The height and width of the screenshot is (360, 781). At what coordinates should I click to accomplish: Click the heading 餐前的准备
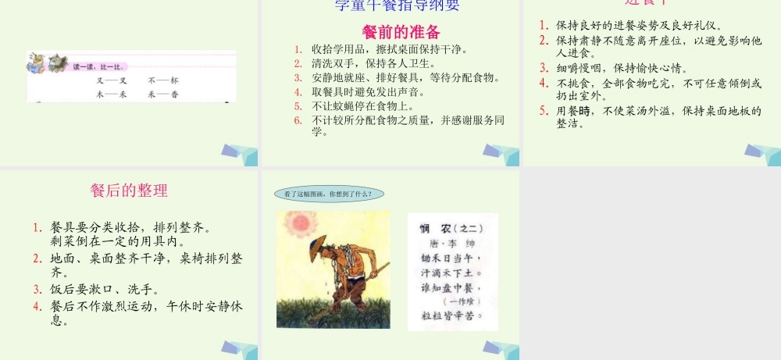(x=401, y=32)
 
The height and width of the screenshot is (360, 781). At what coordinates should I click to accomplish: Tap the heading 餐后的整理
(x=129, y=191)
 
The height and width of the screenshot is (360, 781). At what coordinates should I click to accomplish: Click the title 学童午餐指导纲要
(x=397, y=6)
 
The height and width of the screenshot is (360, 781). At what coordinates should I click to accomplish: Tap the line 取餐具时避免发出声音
(x=373, y=91)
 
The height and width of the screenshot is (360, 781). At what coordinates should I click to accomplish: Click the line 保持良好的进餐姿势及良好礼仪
(x=638, y=26)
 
